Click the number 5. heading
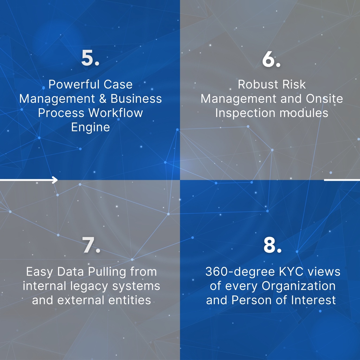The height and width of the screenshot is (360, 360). click(x=90, y=59)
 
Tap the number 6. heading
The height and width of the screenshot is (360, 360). click(x=271, y=60)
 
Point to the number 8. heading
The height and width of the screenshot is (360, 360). click(x=272, y=246)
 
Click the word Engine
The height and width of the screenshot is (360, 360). click(x=90, y=127)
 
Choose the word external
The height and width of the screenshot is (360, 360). click(x=85, y=300)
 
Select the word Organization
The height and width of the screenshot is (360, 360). click(x=298, y=286)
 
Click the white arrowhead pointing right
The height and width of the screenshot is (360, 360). click(x=55, y=180)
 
